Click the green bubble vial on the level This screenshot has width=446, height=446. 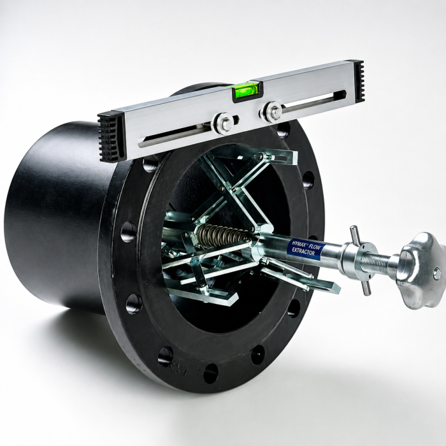pos(247,91)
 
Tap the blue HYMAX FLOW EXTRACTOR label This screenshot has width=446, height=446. pos(306,247)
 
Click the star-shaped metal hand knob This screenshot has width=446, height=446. pos(421,270)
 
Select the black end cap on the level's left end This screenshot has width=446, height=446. pos(111,136)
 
